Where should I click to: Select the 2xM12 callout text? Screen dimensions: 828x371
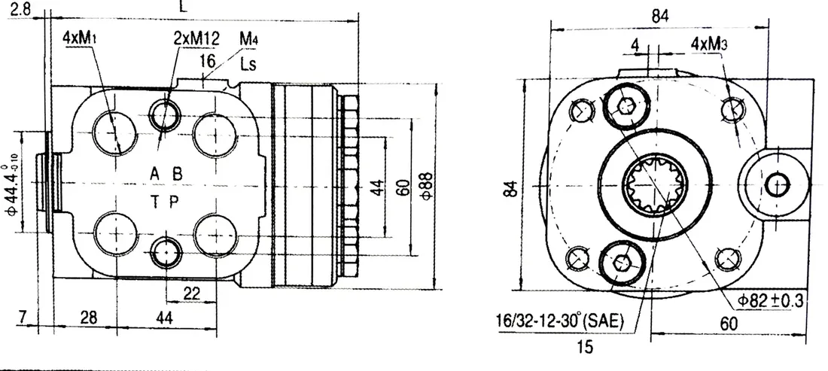pyautogui.click(x=196, y=38)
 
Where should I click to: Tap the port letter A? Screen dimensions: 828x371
pyautogui.click(x=154, y=173)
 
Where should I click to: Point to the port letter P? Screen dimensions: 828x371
pyautogui.click(x=175, y=201)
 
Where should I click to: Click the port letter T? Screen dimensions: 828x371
pyautogui.click(x=155, y=201)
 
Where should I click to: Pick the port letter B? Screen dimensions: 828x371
pyautogui.click(x=178, y=173)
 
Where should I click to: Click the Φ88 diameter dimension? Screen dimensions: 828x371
pyautogui.click(x=427, y=185)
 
